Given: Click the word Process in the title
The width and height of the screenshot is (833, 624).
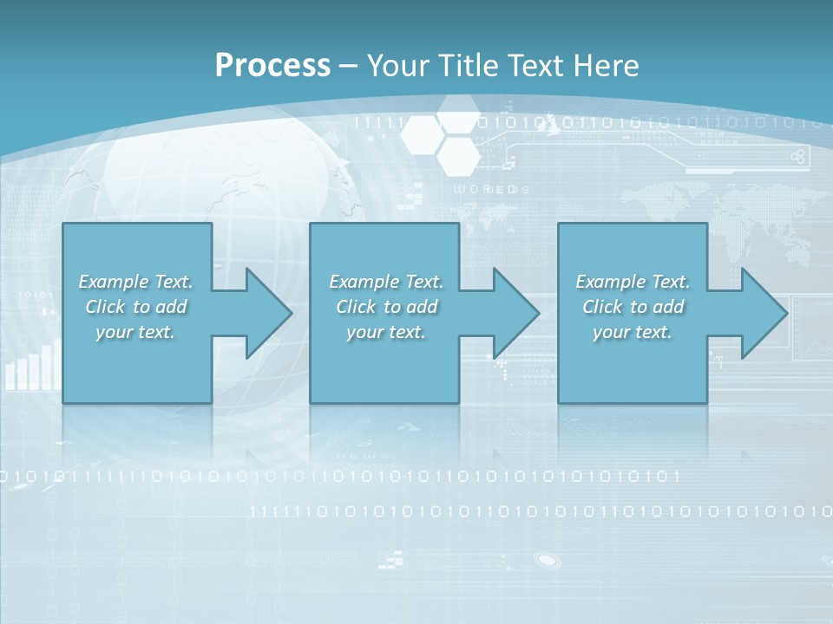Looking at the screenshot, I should point(272,66).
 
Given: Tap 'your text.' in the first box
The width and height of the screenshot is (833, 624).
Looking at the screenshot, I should point(135,332).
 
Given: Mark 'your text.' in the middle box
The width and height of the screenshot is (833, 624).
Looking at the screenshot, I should point(385,332).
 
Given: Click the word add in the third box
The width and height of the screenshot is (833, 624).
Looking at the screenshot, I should point(669,307).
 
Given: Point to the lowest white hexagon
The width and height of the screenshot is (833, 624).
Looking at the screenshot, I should point(457,154).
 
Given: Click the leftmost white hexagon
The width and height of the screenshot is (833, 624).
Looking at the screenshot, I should point(423,133).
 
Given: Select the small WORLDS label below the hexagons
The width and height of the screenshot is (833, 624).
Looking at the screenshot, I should point(491,189).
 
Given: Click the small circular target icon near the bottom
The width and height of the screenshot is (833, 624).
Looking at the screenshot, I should point(546,560).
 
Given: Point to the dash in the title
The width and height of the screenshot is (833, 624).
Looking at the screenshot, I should point(348,66).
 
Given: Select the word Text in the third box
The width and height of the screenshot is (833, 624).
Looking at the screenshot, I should point(670,282).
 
